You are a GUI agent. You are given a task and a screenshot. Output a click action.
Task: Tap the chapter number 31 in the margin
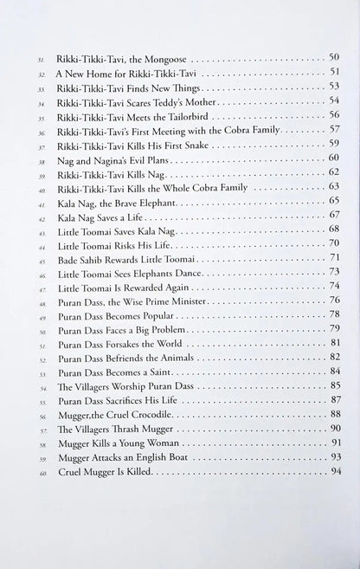click(x=40, y=60)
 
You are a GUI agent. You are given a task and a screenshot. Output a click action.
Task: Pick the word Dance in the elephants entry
click(x=204, y=271)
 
